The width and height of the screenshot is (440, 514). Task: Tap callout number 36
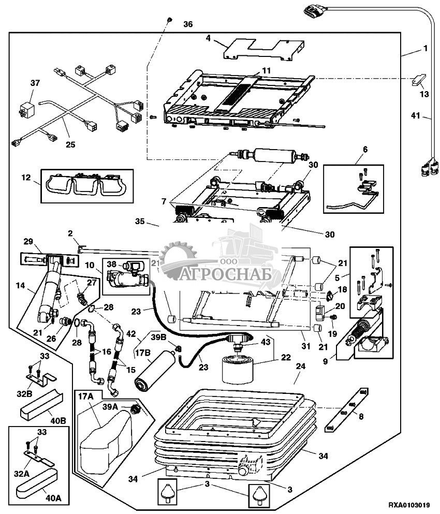point(187,24)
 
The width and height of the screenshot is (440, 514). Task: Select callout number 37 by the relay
point(34,83)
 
